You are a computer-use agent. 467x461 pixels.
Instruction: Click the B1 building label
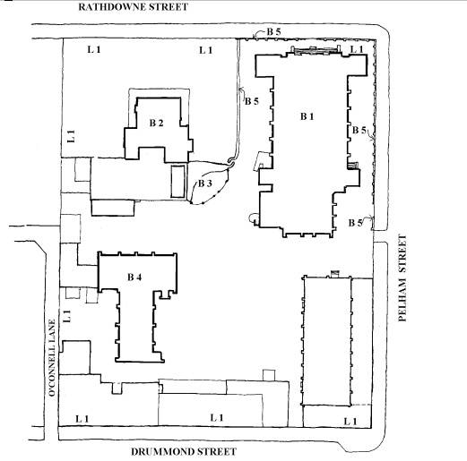tap(307, 116)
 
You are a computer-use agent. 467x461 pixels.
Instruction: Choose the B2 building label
tap(156, 122)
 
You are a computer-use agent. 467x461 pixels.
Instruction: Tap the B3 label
tap(204, 184)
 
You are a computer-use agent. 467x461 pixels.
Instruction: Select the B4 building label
tap(134, 278)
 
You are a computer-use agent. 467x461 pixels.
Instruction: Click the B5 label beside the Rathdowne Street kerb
tap(272, 32)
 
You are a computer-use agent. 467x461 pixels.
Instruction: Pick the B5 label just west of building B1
tap(252, 102)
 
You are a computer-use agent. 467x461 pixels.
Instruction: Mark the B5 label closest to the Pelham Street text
tap(357, 222)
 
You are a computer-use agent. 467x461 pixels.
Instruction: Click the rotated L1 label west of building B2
tap(70, 137)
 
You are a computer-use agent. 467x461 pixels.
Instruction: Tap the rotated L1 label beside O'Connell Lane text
tap(66, 317)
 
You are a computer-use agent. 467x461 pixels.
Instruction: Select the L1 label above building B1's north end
tap(357, 50)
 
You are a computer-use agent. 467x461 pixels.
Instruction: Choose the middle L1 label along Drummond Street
tap(216, 418)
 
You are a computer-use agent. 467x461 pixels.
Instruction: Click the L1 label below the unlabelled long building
tap(350, 421)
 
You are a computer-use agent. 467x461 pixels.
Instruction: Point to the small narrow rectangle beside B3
tap(178, 182)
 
